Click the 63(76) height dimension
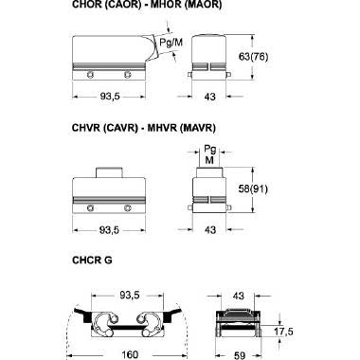point(253,57)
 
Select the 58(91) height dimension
point(253,189)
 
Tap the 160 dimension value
point(130,354)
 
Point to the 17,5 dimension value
point(283,332)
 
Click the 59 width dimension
point(240,355)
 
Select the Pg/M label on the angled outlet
point(171,42)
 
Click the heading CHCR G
point(92,261)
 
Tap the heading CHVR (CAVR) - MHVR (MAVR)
point(144,128)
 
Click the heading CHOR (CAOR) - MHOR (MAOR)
point(147,5)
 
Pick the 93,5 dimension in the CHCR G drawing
point(130,296)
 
